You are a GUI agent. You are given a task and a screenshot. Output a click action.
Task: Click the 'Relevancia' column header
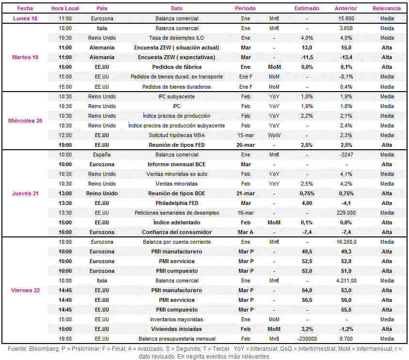(x=386, y=8)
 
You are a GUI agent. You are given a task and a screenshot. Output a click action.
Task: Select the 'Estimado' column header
(x=307, y=8)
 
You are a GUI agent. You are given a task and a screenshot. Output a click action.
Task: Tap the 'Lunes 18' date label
(x=25, y=18)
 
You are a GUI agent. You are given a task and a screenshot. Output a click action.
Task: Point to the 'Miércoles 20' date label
(x=25, y=121)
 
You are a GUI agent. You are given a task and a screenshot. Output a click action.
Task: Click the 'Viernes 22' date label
(x=25, y=290)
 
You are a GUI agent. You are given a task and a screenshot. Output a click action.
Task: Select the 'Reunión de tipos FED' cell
(x=176, y=145)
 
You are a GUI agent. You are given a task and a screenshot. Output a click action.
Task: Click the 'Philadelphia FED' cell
(x=177, y=203)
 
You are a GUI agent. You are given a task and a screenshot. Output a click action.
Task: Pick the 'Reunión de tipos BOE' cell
(x=176, y=193)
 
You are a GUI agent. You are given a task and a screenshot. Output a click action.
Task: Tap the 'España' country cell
(x=102, y=155)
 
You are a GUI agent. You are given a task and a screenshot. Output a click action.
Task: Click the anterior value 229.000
(x=346, y=213)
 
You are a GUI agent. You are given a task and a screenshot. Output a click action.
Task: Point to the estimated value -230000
(x=307, y=339)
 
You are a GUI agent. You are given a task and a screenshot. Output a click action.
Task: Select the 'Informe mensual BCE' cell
(x=176, y=164)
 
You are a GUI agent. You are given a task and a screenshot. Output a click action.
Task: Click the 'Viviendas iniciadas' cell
(x=176, y=329)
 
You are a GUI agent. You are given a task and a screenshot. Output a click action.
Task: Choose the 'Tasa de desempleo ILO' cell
(x=176, y=38)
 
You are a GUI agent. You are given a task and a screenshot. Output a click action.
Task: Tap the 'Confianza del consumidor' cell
(x=177, y=232)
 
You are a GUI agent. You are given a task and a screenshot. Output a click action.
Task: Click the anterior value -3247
(x=346, y=155)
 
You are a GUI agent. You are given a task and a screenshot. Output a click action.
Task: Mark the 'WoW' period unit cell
(x=274, y=135)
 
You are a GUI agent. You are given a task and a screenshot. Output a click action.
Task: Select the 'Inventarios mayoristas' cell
(x=176, y=320)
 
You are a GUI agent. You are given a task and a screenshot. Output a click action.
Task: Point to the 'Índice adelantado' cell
(x=176, y=222)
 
